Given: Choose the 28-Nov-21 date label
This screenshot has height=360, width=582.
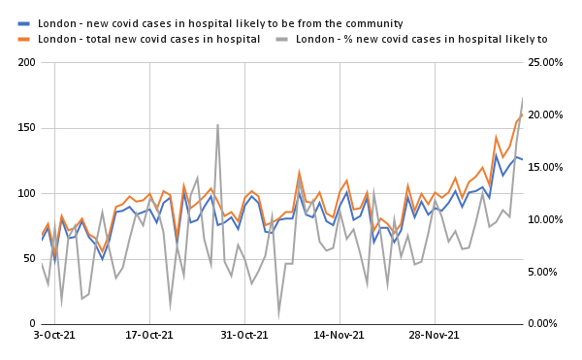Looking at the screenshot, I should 433,336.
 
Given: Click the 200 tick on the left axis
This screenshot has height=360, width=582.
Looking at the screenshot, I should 26,63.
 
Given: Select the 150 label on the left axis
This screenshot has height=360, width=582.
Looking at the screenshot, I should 26,128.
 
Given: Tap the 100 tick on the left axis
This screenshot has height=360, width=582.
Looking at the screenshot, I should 26,193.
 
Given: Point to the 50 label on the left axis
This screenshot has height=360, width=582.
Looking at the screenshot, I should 29,258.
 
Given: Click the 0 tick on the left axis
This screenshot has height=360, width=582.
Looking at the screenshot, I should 32,323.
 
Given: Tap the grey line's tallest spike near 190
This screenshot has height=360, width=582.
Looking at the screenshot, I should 217,125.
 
